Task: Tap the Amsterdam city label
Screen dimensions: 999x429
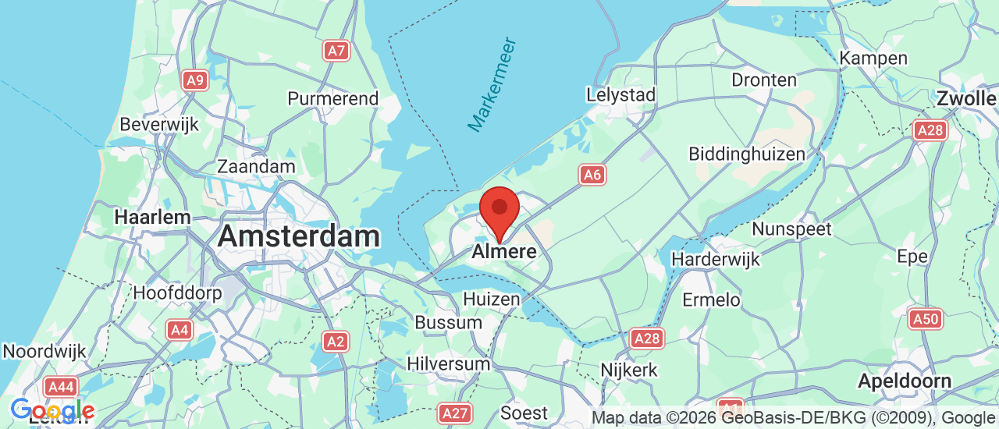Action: [x=298, y=236]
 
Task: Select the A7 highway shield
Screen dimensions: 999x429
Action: [x=336, y=51]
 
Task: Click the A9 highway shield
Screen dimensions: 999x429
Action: [x=196, y=80]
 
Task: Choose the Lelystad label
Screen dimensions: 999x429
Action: [x=620, y=95]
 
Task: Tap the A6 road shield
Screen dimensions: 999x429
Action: [x=592, y=175]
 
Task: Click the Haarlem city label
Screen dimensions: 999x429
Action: [x=152, y=217]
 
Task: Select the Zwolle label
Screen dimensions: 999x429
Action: [x=966, y=99]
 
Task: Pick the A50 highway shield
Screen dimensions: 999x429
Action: [x=926, y=318]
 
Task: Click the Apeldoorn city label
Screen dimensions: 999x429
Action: [x=904, y=381]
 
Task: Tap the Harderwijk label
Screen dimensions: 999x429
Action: [x=716, y=258]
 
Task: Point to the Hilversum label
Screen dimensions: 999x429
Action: [x=448, y=363]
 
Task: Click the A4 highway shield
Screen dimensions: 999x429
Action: [x=180, y=330]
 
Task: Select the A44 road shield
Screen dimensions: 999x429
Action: [x=60, y=387]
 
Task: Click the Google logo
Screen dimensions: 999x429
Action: [x=52, y=410]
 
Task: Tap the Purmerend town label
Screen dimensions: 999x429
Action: [x=332, y=99]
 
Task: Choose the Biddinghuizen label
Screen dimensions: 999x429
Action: [x=746, y=154]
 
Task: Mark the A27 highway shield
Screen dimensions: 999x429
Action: [x=453, y=413]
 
